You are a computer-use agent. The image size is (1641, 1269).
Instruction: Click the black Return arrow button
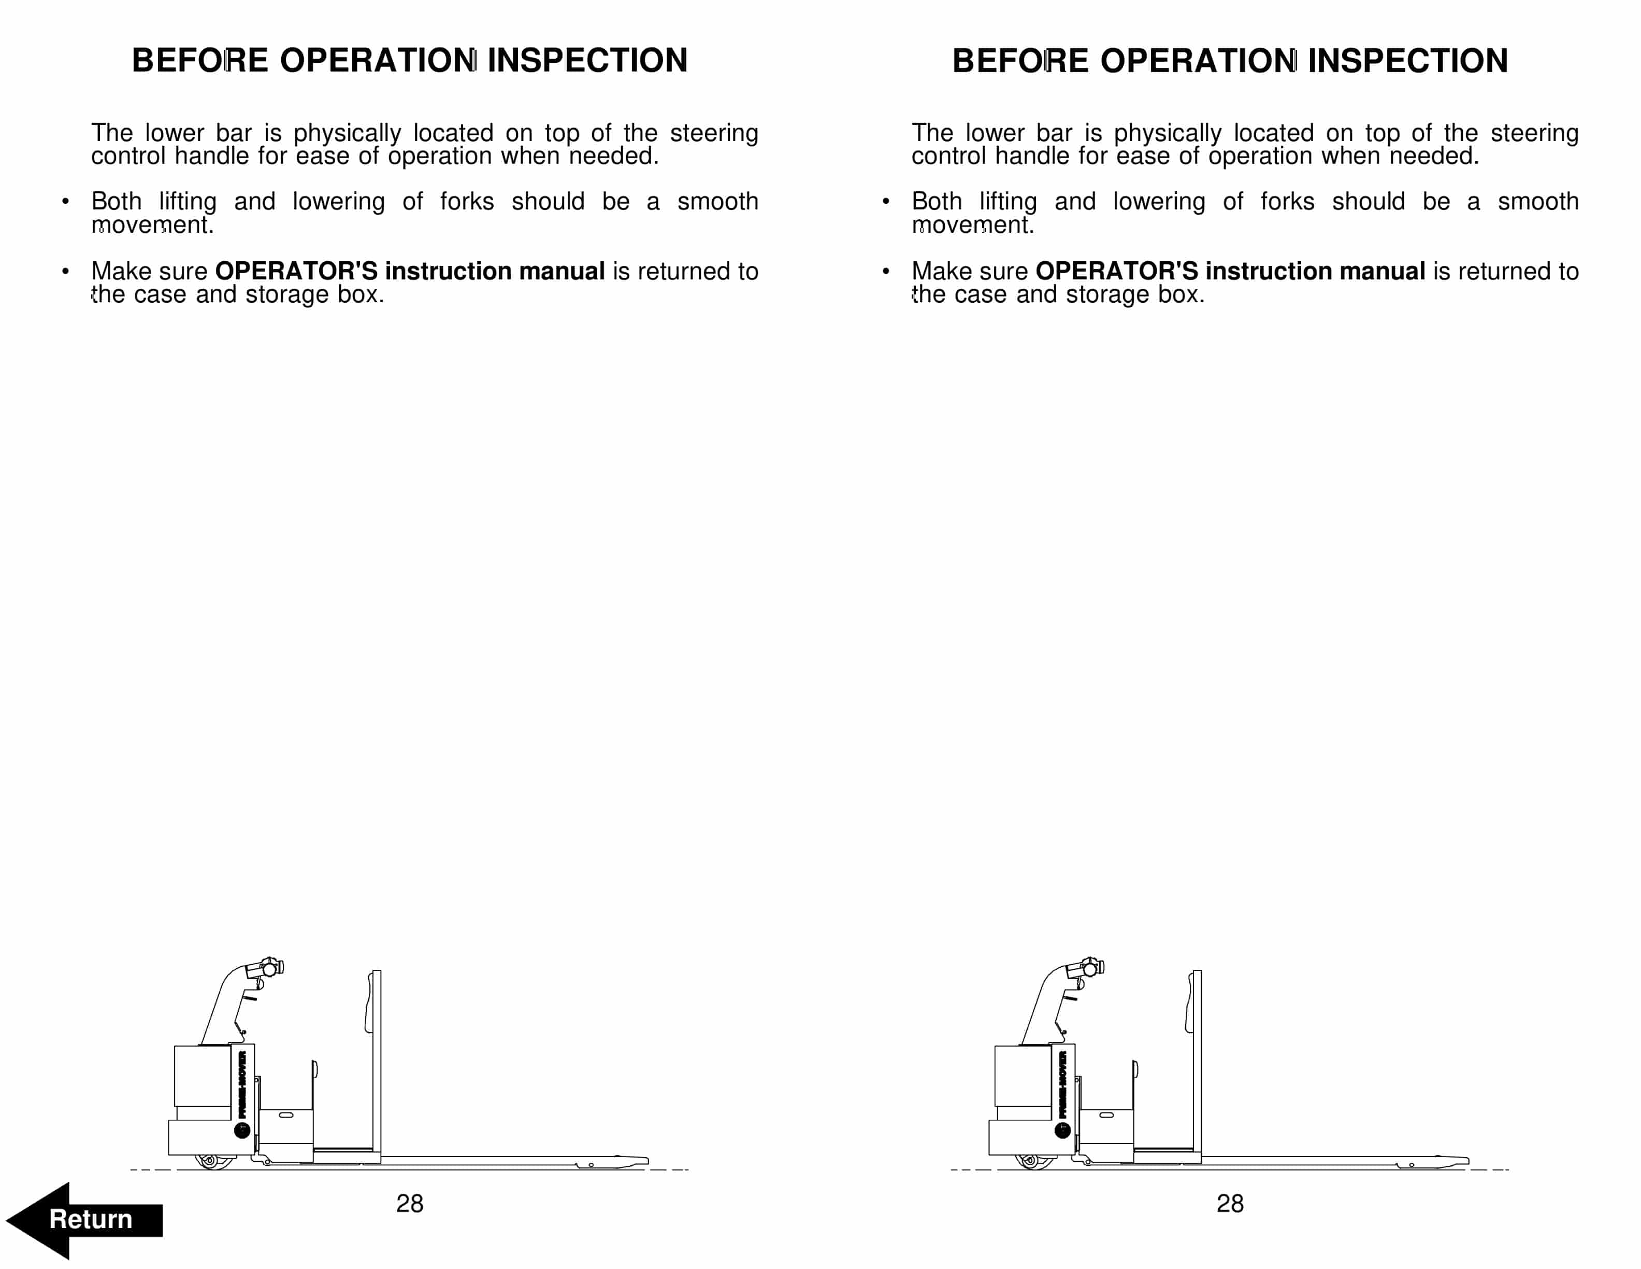tap(84, 1219)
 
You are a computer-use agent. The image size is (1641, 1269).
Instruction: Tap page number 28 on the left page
tap(410, 1204)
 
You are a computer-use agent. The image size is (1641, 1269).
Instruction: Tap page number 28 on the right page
tap(1230, 1204)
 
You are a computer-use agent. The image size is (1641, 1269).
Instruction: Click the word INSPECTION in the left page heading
tap(587, 60)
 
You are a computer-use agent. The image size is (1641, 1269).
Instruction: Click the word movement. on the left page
tap(152, 225)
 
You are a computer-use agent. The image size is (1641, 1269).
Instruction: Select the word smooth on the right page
tap(1538, 202)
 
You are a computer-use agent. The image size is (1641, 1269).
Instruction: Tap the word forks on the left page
tap(467, 202)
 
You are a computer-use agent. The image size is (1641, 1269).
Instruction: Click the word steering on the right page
tap(1535, 133)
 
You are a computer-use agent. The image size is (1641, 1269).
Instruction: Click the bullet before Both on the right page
tap(886, 202)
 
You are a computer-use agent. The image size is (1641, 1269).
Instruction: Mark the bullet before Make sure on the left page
tap(65, 271)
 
